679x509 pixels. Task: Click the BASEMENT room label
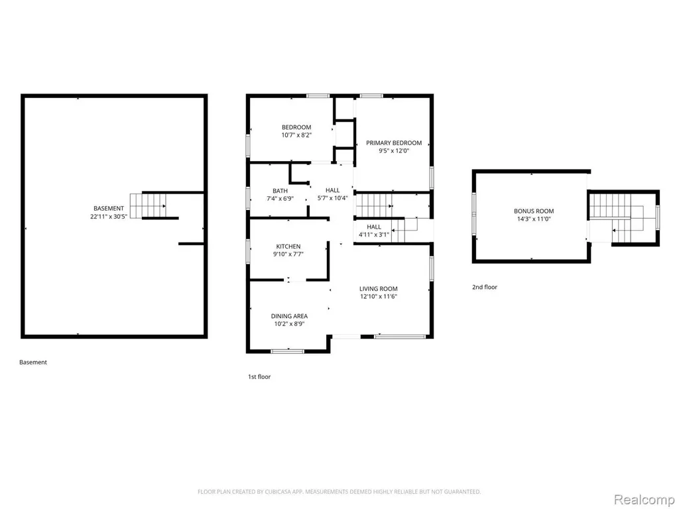(x=109, y=208)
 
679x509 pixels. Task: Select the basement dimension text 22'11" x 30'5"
(x=109, y=217)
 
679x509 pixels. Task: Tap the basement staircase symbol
(x=148, y=205)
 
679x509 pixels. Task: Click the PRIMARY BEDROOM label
(x=394, y=143)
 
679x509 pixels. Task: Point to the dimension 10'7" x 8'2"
(x=296, y=135)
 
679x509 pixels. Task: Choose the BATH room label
(x=280, y=191)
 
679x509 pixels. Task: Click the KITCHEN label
(x=288, y=247)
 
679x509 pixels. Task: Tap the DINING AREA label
(x=289, y=316)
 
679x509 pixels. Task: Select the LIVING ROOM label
(x=379, y=289)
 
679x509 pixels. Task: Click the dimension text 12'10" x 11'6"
(x=379, y=296)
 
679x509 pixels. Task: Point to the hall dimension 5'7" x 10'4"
(x=333, y=198)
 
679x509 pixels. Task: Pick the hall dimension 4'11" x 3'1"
(x=374, y=235)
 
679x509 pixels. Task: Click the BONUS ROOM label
(x=534, y=211)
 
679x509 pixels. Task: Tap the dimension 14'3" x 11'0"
(x=534, y=219)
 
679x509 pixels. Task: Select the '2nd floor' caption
(x=485, y=287)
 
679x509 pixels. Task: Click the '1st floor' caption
(x=259, y=376)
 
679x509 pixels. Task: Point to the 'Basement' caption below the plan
(x=33, y=363)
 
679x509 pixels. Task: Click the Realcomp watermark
(x=644, y=500)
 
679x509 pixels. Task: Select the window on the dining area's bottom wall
(x=288, y=351)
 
